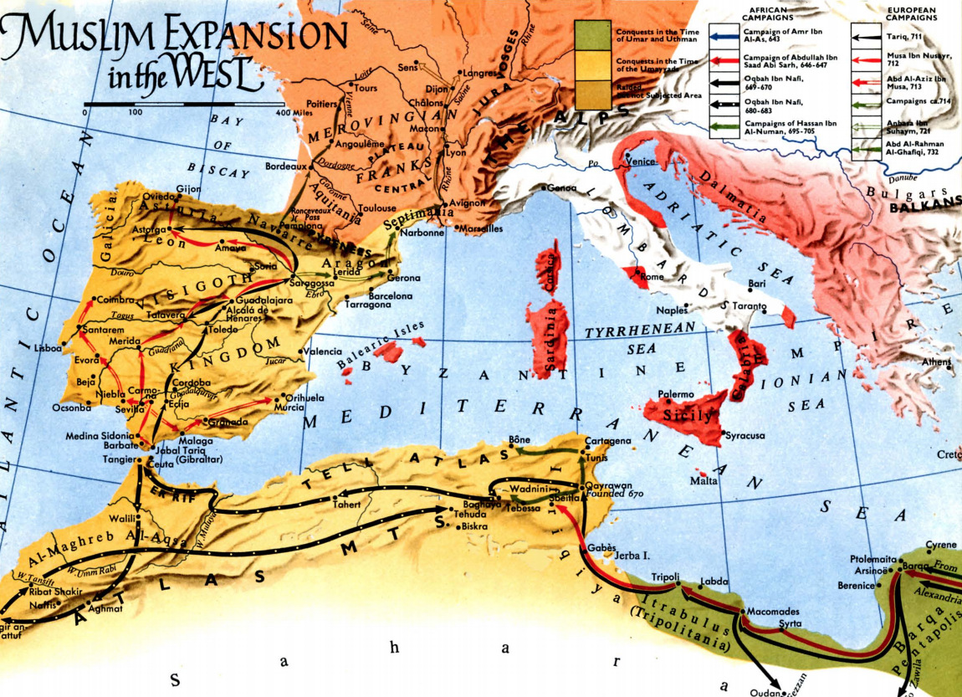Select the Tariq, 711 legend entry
[x=904, y=37]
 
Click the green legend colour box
[x=594, y=33]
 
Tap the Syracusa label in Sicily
[x=746, y=436]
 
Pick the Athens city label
[x=937, y=361]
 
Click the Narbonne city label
[x=422, y=233]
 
